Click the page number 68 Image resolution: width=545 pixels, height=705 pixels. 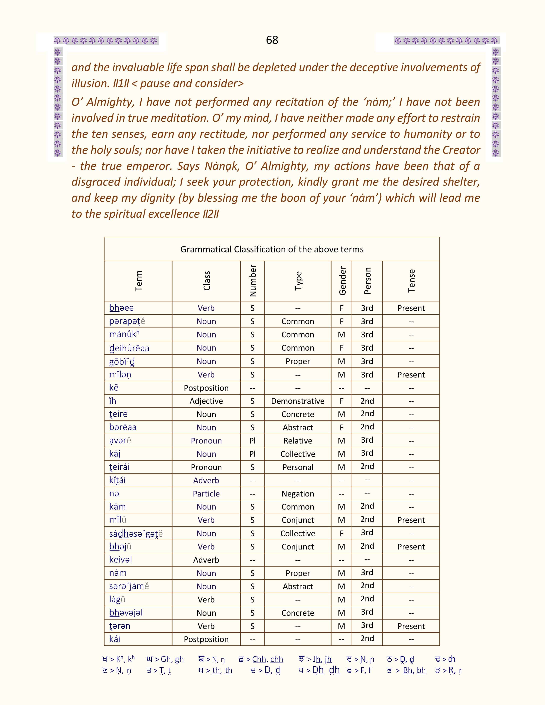(x=272, y=40)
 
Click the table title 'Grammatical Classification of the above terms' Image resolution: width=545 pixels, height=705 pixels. (x=272, y=249)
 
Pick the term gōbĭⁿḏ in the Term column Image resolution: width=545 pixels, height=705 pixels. (x=122, y=361)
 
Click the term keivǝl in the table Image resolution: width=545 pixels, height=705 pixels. (x=121, y=560)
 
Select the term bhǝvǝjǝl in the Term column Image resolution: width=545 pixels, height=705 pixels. (x=126, y=613)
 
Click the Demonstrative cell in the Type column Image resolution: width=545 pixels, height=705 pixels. (x=298, y=401)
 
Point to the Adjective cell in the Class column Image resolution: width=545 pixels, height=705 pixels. (x=206, y=401)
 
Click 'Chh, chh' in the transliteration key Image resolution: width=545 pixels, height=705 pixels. (x=268, y=659)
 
